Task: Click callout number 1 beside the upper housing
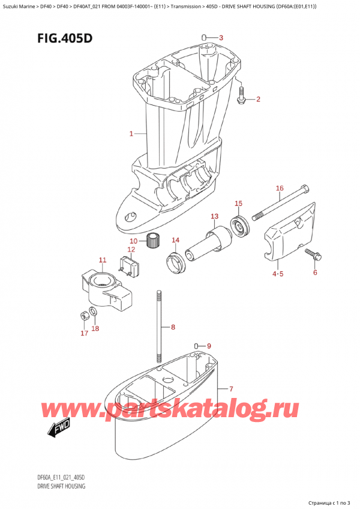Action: coord(131,134)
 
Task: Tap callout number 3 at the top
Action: coord(221,38)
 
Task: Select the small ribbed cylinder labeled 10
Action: coord(156,241)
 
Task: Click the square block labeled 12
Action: coord(130,267)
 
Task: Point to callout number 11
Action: coord(102,260)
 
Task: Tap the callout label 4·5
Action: coord(278,274)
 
